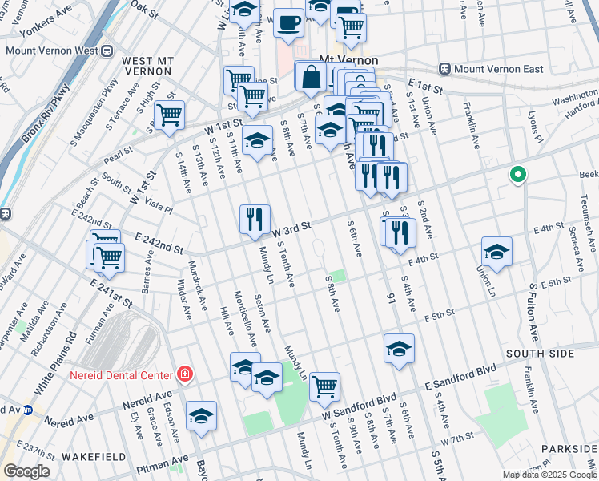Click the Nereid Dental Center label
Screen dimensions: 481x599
point(121,375)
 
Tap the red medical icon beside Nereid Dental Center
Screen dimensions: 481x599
point(185,374)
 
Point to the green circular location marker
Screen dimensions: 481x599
point(518,174)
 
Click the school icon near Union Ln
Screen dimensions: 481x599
point(497,251)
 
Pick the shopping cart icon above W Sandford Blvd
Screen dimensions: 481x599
point(324,386)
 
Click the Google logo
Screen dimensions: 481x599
point(26,471)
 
